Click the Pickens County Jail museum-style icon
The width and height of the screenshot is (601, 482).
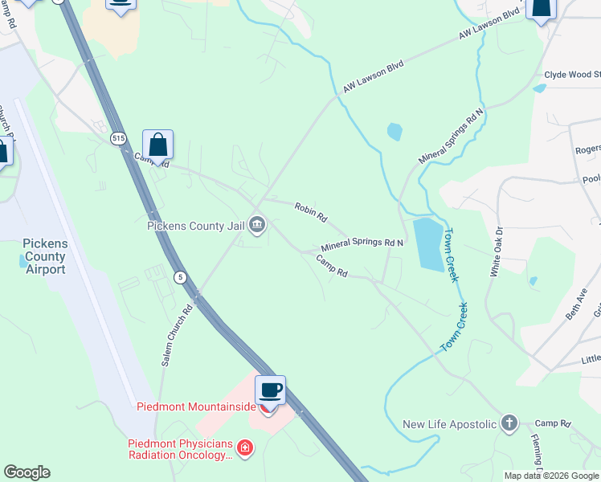click(257, 224)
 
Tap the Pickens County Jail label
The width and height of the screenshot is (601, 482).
click(195, 225)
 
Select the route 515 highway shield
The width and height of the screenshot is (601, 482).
click(119, 138)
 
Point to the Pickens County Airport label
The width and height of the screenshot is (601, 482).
click(44, 256)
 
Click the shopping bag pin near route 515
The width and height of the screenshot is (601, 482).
click(158, 145)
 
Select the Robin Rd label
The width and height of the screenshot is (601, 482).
click(310, 211)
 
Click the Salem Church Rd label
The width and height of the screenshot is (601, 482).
click(177, 335)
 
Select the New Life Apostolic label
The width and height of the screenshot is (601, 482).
click(449, 423)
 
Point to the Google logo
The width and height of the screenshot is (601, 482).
click(27, 472)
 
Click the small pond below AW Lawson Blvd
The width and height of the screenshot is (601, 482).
click(395, 132)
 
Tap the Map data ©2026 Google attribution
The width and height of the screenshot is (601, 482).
click(551, 476)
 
